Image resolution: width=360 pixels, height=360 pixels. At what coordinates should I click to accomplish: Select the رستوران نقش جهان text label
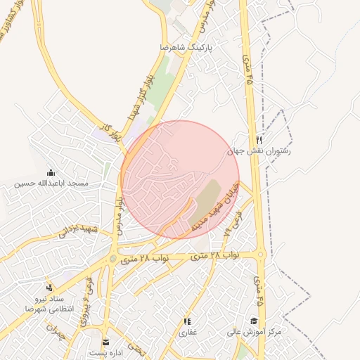point(259,150)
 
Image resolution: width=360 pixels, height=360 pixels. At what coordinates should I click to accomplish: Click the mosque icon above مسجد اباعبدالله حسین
point(51,173)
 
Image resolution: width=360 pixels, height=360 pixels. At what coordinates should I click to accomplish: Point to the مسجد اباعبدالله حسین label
point(52,184)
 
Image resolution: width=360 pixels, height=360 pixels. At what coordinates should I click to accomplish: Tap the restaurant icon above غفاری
point(187,321)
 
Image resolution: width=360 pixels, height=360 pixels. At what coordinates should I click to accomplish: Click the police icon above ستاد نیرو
point(49,288)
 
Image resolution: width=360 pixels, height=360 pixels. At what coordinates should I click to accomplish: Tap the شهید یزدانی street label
point(77,233)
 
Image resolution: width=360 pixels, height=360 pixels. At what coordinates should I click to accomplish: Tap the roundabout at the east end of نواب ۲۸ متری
point(261,255)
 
